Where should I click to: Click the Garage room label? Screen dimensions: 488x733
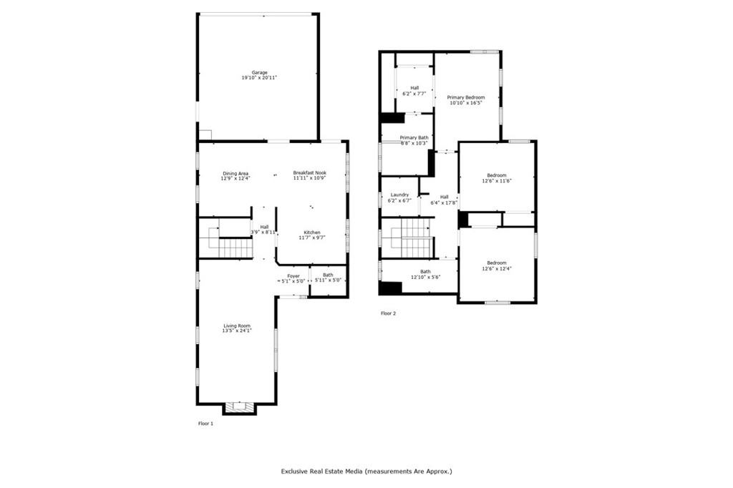[259, 72]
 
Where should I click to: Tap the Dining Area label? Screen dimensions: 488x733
[236, 172]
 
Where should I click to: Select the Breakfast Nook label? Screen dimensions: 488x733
[310, 172]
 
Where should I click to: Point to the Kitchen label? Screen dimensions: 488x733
[311, 233]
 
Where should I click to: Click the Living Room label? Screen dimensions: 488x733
[237, 326]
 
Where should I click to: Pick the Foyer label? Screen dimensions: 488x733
[293, 275]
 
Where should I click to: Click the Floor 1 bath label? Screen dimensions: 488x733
[328, 275]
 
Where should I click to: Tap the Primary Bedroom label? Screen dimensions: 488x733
[466, 97]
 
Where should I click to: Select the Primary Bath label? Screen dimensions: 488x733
[414, 137]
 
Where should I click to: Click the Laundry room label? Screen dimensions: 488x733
[399, 195]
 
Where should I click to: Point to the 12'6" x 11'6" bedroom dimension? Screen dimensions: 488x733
[497, 181]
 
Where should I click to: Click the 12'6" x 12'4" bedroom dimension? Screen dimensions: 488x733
[497, 268]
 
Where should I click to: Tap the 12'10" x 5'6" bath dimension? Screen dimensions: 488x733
[425, 277]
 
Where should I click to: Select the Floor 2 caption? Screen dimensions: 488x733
[388, 313]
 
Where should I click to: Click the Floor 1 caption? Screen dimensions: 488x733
[205, 424]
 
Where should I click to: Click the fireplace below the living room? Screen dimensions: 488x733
[239, 408]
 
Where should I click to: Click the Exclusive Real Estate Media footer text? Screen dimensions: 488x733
[366, 472]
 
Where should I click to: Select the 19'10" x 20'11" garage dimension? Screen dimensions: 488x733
[259, 77]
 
